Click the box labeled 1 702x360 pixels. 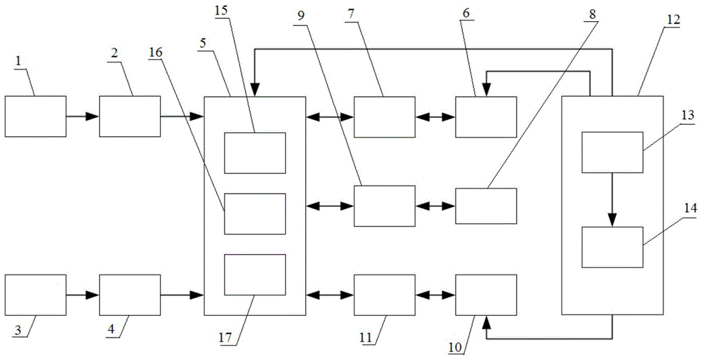click(36, 116)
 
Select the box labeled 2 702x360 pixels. click(129, 116)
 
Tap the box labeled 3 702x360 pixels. click(36, 295)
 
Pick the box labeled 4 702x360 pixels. click(129, 295)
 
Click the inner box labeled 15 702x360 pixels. click(255, 152)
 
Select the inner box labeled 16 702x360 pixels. click(255, 213)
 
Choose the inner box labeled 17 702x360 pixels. click(255, 274)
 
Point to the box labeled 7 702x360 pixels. click(384, 116)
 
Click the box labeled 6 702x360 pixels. click(486, 116)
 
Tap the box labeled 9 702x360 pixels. click(384, 206)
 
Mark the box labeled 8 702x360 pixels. click(486, 206)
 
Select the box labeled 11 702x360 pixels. click(384, 295)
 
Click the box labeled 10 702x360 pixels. click(486, 295)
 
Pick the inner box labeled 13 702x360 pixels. click(612, 152)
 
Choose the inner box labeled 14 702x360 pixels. click(612, 247)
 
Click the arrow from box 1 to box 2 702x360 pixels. click(83, 116)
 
